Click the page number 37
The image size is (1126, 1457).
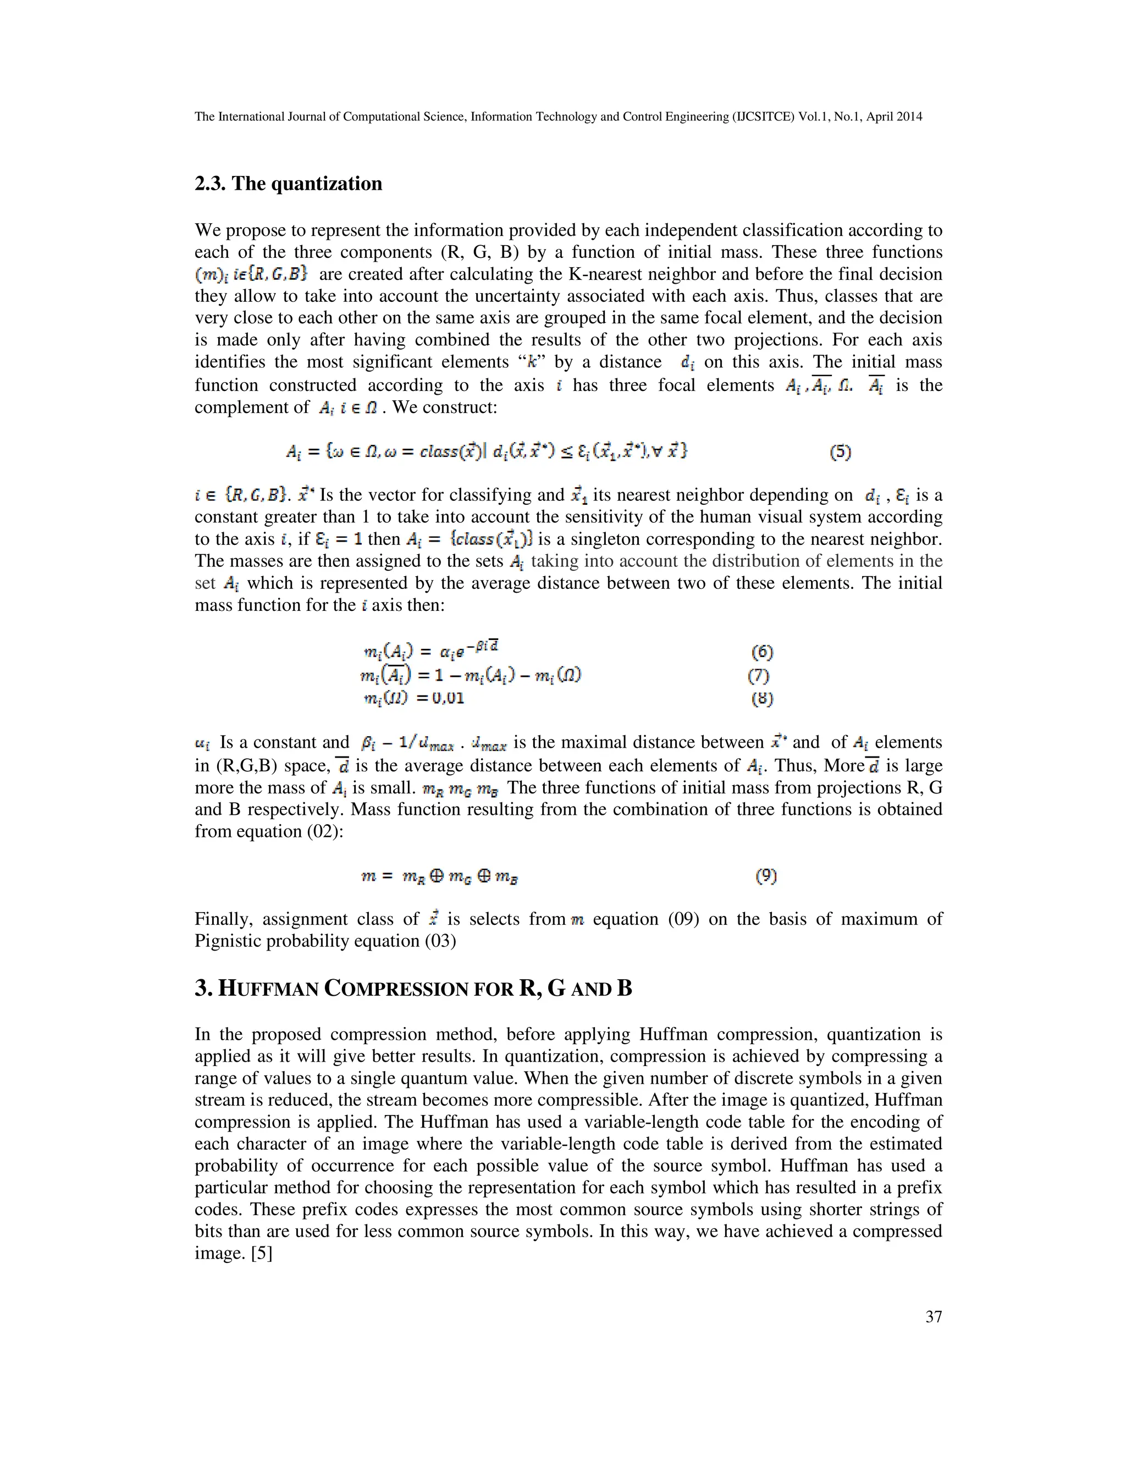pyautogui.click(x=933, y=1316)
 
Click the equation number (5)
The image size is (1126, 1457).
pyautogui.click(x=841, y=452)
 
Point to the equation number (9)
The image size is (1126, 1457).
pyautogui.click(x=766, y=876)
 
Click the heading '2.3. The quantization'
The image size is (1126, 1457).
pyautogui.click(x=288, y=184)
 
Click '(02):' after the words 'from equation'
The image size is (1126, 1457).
pyautogui.click(x=325, y=831)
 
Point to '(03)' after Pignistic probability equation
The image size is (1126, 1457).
pyautogui.click(x=440, y=941)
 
